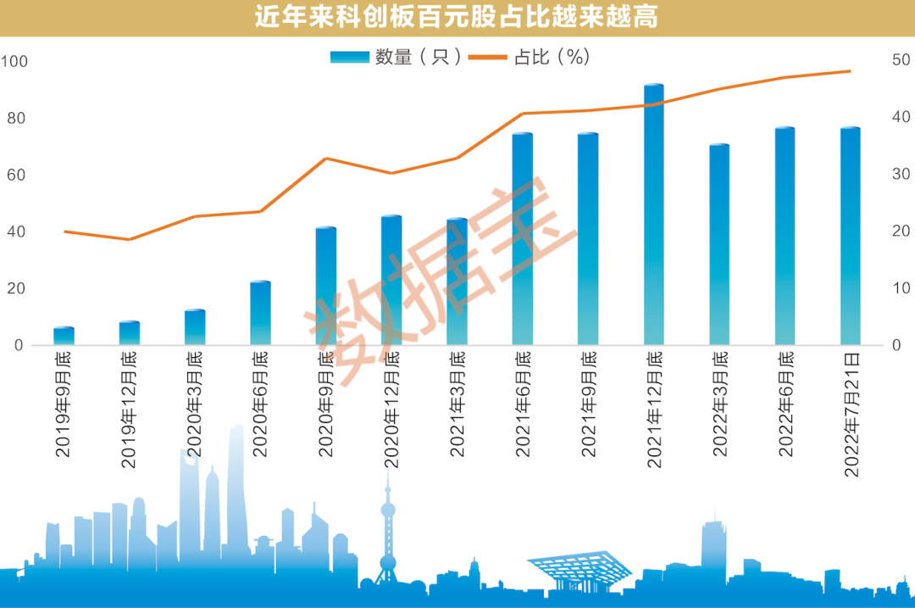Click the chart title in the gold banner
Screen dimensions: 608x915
point(457,18)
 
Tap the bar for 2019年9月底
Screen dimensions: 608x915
point(64,336)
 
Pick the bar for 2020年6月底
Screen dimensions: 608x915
point(260,313)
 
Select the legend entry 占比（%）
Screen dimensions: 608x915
point(530,57)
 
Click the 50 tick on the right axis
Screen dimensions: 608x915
point(901,60)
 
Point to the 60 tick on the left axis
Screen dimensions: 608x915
point(18,175)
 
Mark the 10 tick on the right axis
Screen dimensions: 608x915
point(901,288)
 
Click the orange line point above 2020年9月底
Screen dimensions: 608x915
point(326,159)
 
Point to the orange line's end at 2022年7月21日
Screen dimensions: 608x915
point(850,71)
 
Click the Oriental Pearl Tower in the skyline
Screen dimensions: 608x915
point(388,534)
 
